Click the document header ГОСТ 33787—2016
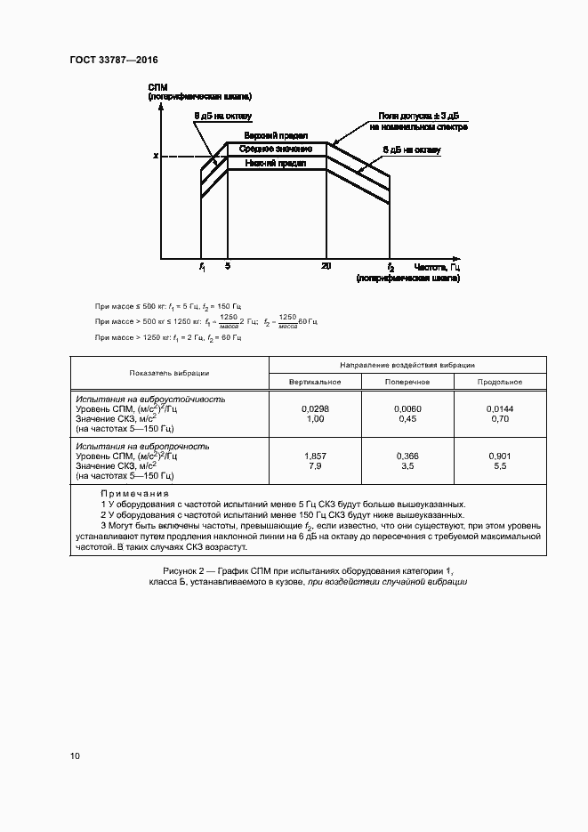113,61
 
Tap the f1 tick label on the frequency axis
202,267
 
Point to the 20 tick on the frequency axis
326,267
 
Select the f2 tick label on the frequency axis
390,267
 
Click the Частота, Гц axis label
437,267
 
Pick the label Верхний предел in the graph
277,135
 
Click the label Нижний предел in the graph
277,164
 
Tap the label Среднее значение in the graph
277,149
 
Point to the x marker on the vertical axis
155,157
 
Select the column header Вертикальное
315,381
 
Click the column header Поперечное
407,381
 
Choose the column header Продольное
499,381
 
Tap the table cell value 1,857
315,455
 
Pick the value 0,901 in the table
499,455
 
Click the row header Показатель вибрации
169,373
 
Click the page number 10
75,756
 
